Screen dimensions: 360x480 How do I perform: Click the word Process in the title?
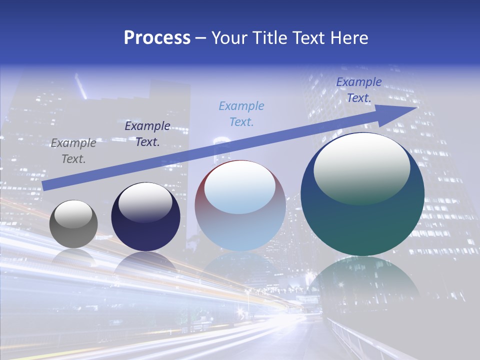click(157, 38)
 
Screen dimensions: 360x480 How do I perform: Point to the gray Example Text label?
click(73, 151)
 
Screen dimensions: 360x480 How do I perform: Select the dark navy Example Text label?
click(147, 134)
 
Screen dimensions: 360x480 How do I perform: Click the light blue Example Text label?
click(241, 113)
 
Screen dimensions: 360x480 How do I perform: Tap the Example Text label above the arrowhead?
click(359, 90)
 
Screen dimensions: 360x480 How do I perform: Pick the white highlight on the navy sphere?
click(145, 201)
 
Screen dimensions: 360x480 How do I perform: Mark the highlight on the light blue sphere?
click(240, 187)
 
